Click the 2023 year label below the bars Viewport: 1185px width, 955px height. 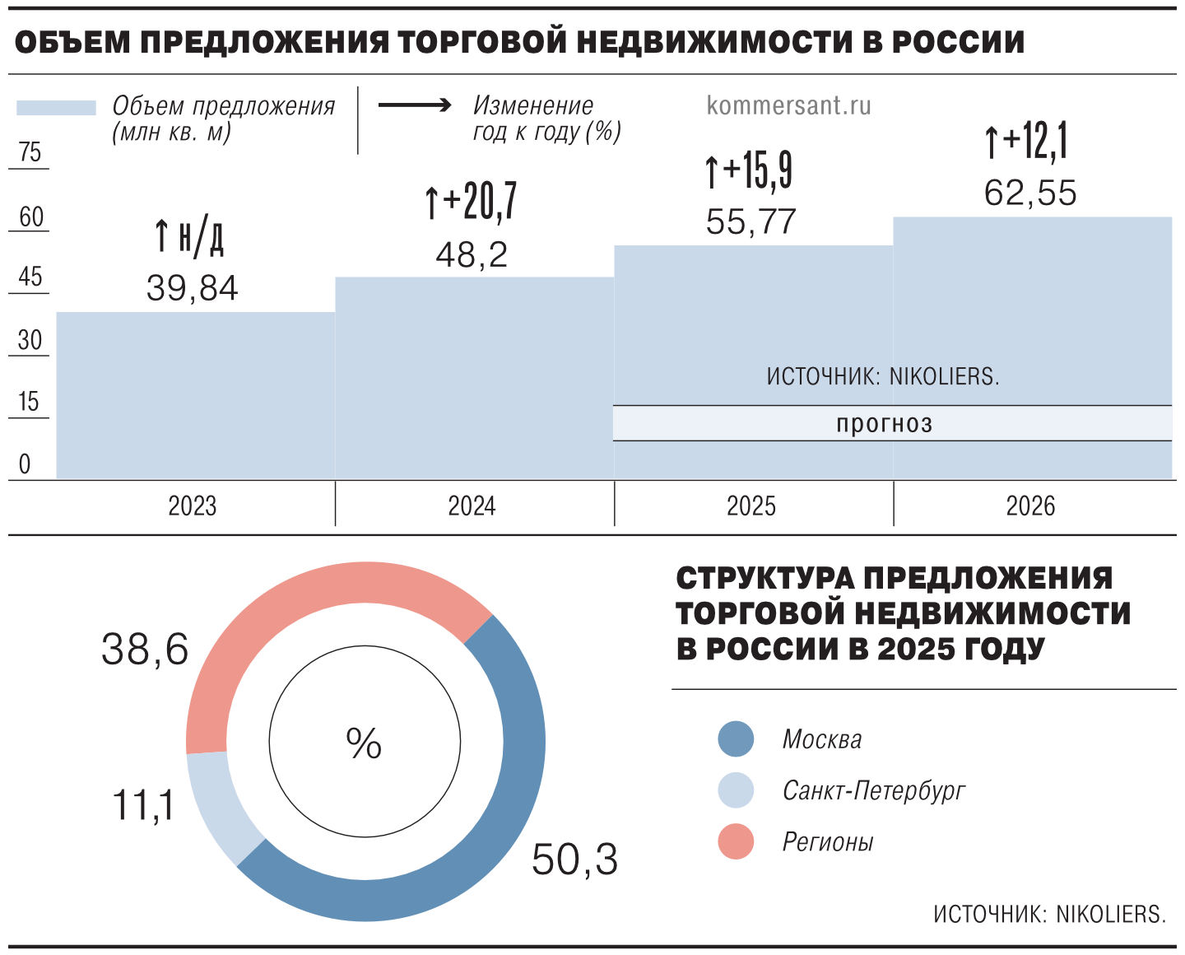pos(192,505)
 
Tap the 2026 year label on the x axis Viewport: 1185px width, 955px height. pos(1030,505)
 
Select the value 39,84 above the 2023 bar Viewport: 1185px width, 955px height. pos(192,288)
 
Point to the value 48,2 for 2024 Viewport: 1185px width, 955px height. pos(472,255)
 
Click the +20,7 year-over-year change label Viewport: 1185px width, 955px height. pos(472,201)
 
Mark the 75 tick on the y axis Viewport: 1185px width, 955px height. pos(30,152)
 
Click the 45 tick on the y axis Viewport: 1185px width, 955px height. pos(30,277)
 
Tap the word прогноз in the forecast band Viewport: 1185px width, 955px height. pos(885,423)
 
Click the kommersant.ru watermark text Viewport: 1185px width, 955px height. pos(788,105)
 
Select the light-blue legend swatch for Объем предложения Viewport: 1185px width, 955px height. pos(56,108)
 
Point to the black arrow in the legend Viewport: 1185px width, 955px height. pos(415,105)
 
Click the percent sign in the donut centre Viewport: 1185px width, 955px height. pos(364,743)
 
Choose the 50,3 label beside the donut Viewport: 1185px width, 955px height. pos(574,859)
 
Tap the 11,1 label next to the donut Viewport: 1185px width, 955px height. pos(143,804)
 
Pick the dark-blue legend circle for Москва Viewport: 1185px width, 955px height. pos(736,738)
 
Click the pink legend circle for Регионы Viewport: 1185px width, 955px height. pos(736,841)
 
